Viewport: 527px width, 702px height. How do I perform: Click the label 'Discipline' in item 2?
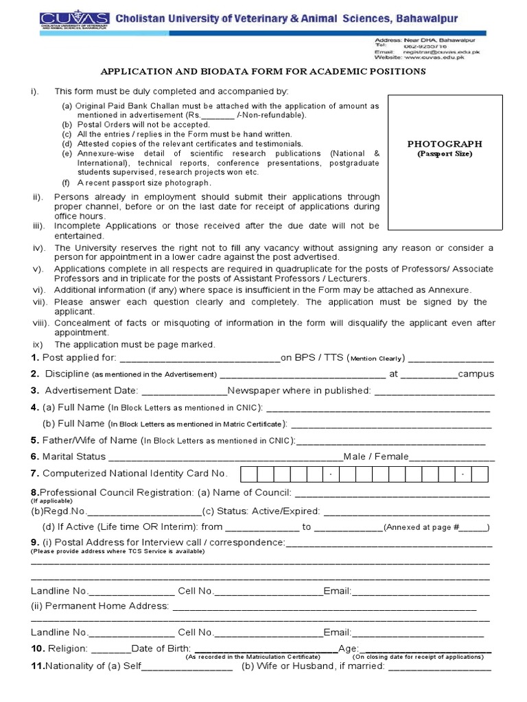coord(67,374)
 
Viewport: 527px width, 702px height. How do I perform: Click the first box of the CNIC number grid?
coord(248,474)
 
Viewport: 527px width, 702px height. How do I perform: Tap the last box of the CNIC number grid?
coord(480,474)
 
